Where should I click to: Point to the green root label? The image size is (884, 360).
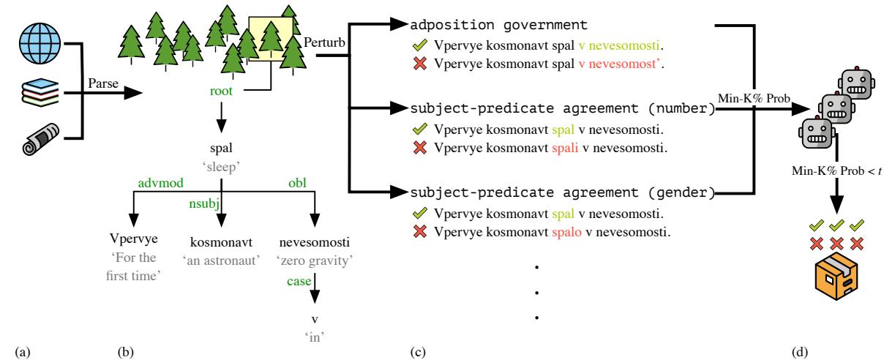click(222, 93)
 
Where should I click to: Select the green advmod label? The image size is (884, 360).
click(151, 182)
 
